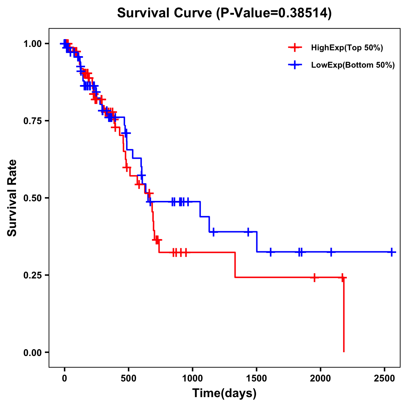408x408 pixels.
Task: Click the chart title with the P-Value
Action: coord(224,13)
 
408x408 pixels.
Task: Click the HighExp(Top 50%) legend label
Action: coord(347,48)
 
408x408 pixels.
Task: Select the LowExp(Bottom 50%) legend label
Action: coord(353,65)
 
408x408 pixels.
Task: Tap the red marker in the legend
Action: coord(295,48)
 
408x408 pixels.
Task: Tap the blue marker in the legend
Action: coord(295,65)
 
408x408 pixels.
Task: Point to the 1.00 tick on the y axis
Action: coord(32,44)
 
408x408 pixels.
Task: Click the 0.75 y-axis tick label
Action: coord(32,121)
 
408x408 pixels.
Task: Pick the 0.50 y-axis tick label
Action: coord(32,198)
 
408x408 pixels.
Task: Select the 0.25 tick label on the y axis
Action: coord(32,275)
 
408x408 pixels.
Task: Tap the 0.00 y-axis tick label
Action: coord(32,353)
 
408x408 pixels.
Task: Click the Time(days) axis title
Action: coord(224,393)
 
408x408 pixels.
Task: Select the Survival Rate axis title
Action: coord(12,198)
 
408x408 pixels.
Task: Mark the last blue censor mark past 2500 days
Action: coord(392,252)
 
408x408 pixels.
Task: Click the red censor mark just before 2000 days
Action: coord(314,277)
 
